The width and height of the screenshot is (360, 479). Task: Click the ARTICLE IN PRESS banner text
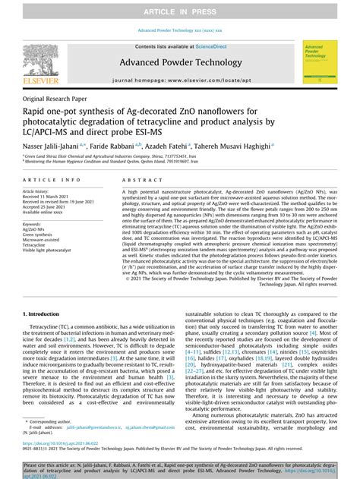coord(180,9)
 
